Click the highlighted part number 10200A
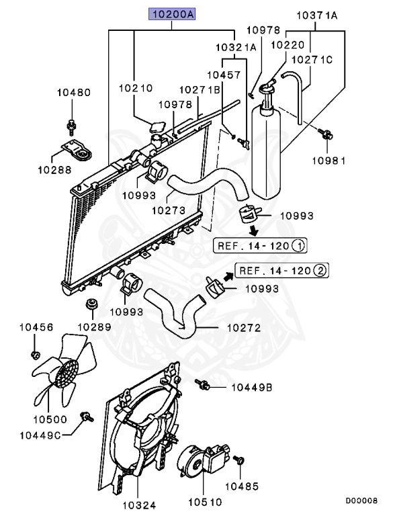click(x=171, y=13)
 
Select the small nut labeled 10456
click(x=36, y=353)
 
